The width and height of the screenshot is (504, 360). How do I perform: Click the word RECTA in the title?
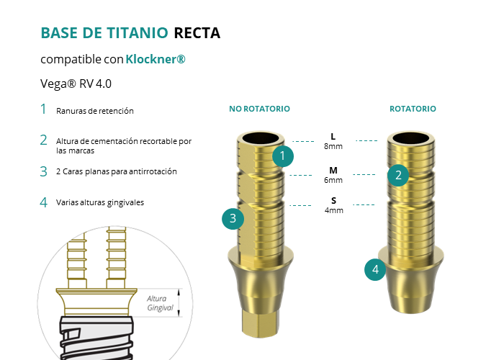point(197,33)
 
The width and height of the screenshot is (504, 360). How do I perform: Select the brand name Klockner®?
point(156,59)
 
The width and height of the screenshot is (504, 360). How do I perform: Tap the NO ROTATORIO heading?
point(259,109)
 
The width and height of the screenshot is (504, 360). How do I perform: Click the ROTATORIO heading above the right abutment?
point(413,109)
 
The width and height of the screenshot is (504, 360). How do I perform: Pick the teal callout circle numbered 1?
point(283,156)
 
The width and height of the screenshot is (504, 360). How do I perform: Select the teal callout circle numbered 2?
point(398,176)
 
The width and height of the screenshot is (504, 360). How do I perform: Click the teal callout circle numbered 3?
point(233,219)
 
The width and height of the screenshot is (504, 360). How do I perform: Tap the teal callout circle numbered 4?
point(375,270)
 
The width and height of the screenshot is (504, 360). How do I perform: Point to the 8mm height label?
point(333,146)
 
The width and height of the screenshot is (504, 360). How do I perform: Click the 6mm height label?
point(333,180)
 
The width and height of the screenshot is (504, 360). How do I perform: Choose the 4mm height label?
point(333,210)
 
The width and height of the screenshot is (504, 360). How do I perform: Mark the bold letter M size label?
point(333,171)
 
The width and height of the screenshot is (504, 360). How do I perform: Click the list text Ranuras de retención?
point(95,111)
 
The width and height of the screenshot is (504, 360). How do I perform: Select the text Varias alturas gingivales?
point(100,202)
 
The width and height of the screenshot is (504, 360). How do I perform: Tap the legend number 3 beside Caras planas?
point(43,171)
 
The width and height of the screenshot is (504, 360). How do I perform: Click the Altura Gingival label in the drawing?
point(160,303)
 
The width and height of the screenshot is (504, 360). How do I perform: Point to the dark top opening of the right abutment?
point(411,138)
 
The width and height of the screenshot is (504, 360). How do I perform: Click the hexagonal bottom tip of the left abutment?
point(260,324)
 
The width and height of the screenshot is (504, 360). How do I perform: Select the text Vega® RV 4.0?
point(76,84)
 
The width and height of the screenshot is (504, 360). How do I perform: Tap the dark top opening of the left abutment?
point(261,138)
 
